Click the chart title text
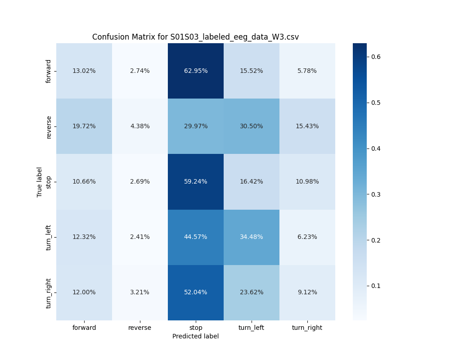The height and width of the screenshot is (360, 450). pos(195,37)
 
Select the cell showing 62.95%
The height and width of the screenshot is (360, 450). pos(196,71)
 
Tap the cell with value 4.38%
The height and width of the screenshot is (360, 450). pos(140,126)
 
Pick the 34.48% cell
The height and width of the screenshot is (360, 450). pos(252,237)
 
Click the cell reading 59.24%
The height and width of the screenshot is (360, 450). pos(196,181)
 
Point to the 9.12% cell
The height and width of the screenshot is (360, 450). pos(307,292)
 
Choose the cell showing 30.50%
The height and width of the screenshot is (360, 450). pos(252,126)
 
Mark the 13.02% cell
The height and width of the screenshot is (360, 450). pos(84,71)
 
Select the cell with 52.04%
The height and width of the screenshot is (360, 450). pos(196,292)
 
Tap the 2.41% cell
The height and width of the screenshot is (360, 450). pos(140,237)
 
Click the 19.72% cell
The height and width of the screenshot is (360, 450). pos(84,126)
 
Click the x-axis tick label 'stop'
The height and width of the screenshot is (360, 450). pos(196,328)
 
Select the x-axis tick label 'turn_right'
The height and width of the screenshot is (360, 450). pos(307,328)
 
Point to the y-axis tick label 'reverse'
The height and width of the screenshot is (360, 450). pos(49,126)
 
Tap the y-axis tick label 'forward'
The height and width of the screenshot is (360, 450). pos(49,71)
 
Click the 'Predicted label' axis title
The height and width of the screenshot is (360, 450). pos(196,336)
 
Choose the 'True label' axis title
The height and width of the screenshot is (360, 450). pos(40,182)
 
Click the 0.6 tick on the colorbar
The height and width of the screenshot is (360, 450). pos(375,57)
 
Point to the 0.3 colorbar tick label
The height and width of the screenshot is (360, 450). pos(375,194)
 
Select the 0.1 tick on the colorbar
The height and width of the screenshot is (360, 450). pos(375,286)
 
